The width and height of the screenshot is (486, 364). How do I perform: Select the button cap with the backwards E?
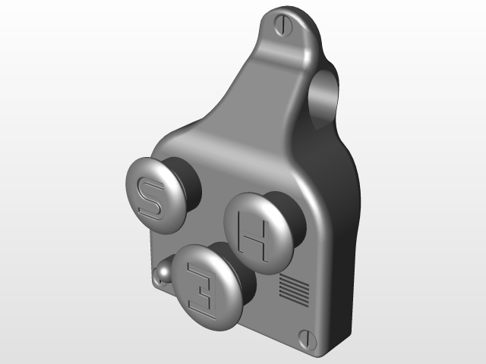pyautogui.click(x=206, y=288)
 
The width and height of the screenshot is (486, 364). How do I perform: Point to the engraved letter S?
pyautogui.click(x=147, y=198)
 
